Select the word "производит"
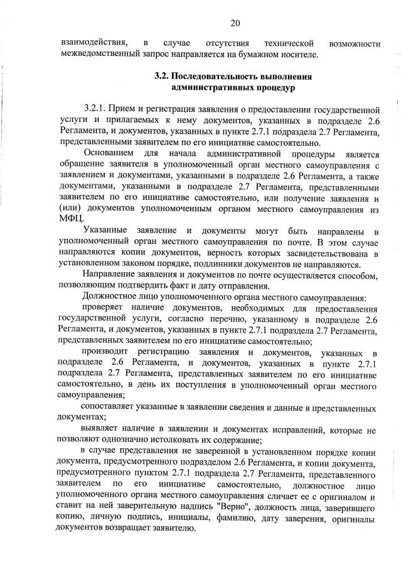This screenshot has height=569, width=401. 104,353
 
